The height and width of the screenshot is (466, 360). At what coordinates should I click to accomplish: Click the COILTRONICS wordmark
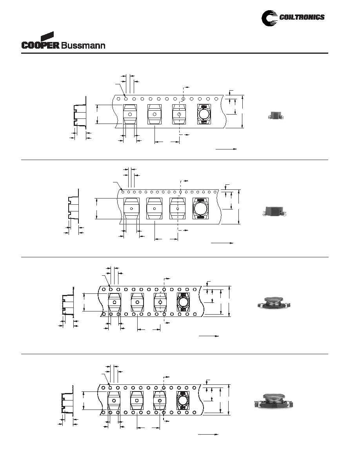tap(302, 17)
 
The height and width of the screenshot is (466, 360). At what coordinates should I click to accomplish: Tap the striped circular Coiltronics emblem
tap(269, 18)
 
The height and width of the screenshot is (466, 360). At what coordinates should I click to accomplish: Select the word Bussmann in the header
tap(83, 46)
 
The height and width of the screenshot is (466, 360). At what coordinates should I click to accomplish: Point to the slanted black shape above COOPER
tap(47, 36)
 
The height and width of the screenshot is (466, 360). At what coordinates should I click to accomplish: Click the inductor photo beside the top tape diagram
tap(276, 116)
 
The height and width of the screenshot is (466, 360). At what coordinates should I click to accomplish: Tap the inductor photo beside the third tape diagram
tap(274, 303)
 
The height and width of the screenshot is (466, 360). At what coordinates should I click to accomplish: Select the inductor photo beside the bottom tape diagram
tap(274, 401)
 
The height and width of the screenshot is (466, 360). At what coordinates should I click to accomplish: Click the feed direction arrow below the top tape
tap(226, 149)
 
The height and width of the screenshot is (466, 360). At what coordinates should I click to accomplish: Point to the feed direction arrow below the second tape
tap(222, 243)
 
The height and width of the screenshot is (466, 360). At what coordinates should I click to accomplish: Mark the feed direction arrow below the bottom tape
tap(208, 435)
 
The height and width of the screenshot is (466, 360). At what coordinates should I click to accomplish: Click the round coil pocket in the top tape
tap(204, 115)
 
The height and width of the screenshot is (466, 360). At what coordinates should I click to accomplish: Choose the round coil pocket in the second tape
tap(200, 208)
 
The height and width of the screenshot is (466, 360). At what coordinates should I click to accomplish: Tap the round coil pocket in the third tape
tap(183, 302)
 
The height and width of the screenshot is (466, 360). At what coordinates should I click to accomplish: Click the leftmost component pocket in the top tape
tap(130, 115)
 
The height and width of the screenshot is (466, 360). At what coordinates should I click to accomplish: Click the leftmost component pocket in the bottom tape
tap(114, 400)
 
